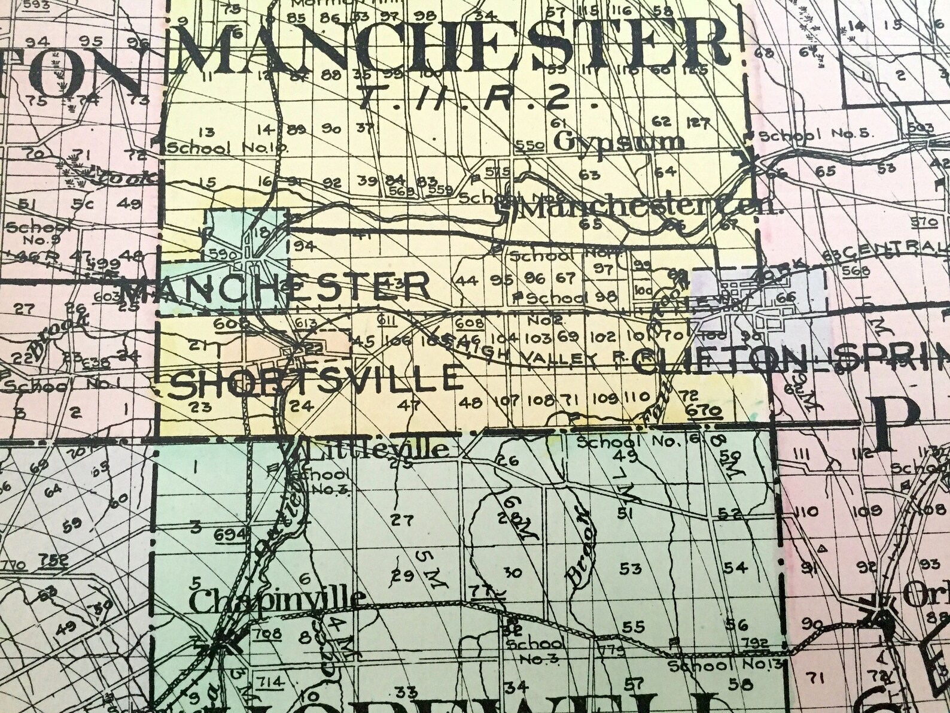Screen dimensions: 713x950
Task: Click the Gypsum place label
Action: (619, 142)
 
